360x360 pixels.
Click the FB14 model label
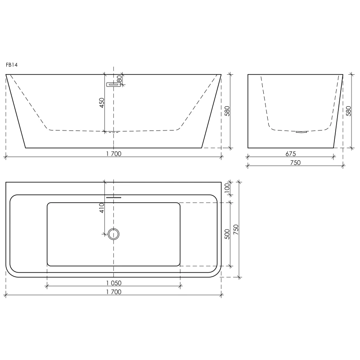pos(12,65)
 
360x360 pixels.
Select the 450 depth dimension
pos(102,103)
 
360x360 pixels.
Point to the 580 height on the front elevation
pos(227,111)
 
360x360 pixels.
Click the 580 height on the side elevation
pos(348,111)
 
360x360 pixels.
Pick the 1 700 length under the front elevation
pos(114,154)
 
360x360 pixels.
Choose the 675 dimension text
pos(291,153)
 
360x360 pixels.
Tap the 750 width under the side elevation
pos(295,162)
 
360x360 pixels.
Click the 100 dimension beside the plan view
pos(227,188)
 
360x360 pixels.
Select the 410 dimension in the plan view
pos(102,208)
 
